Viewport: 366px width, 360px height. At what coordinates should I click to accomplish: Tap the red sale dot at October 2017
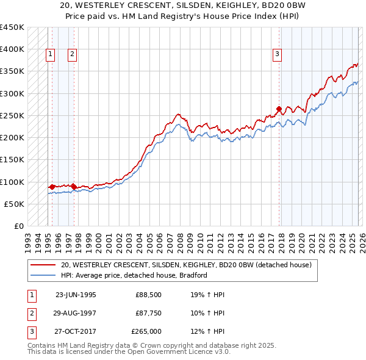pos(279,109)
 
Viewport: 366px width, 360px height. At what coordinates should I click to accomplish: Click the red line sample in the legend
pos(43,265)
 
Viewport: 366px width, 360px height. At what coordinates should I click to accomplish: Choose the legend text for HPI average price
pos(134,275)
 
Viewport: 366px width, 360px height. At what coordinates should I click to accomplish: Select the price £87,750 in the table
pos(147,314)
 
